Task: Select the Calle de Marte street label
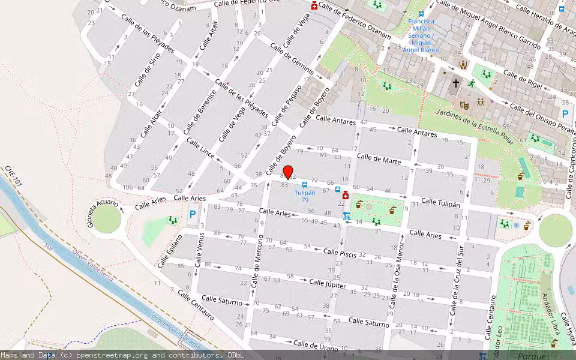pyautogui.click(x=379, y=158)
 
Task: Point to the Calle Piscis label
pyautogui.click(x=340, y=253)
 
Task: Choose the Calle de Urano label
pyautogui.click(x=316, y=346)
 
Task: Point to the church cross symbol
pyautogui.click(x=456, y=83)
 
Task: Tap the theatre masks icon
pyautogui.click(x=464, y=104)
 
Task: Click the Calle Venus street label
pyautogui.click(x=199, y=248)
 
